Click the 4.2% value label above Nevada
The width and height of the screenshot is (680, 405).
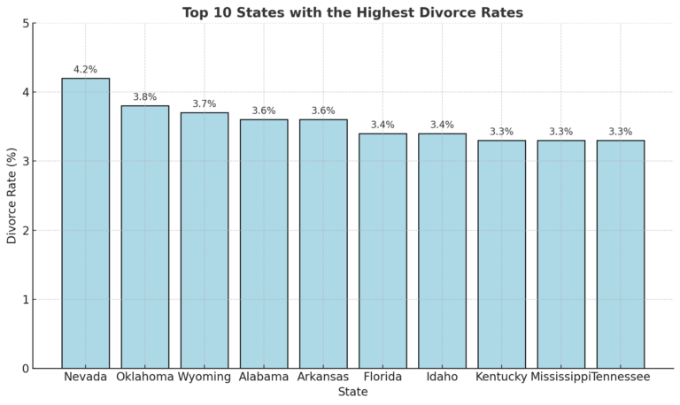point(86,69)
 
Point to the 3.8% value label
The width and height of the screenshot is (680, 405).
point(145,97)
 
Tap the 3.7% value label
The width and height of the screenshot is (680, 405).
point(205,103)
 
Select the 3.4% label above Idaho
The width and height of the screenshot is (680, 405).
point(442,125)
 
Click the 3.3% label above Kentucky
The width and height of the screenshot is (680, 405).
point(501,132)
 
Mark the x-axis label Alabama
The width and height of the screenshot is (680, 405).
point(264,377)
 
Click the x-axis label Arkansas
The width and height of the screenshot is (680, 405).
point(323,377)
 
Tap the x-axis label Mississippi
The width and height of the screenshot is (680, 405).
point(560,377)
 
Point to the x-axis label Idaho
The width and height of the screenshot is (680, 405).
point(442,377)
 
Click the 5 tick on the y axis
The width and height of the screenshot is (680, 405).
point(25,23)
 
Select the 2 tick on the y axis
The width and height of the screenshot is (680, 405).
point(25,231)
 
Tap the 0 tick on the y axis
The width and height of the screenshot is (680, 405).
point(25,369)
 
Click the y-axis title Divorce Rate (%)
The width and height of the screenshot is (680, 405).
point(12,195)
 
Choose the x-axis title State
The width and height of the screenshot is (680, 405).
point(352,392)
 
